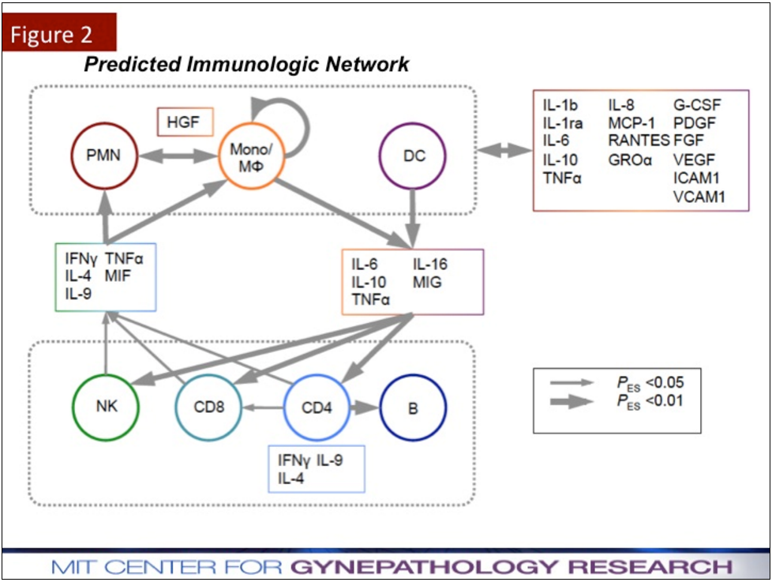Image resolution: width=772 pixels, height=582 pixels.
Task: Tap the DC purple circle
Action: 414,156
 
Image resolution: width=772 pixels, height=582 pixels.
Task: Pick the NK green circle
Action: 105,408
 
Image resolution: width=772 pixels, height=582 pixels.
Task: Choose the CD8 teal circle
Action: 208,408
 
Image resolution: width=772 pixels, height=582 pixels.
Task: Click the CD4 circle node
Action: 317,408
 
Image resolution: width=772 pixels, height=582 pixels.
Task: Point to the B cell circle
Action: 413,408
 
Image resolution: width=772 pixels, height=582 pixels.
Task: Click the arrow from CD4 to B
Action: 365,408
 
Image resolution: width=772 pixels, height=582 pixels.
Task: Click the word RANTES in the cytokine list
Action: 637,141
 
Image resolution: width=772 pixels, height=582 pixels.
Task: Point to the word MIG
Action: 427,282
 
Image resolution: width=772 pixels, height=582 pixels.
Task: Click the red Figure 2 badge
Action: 59,34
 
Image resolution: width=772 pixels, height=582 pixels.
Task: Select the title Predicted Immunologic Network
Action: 246,64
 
